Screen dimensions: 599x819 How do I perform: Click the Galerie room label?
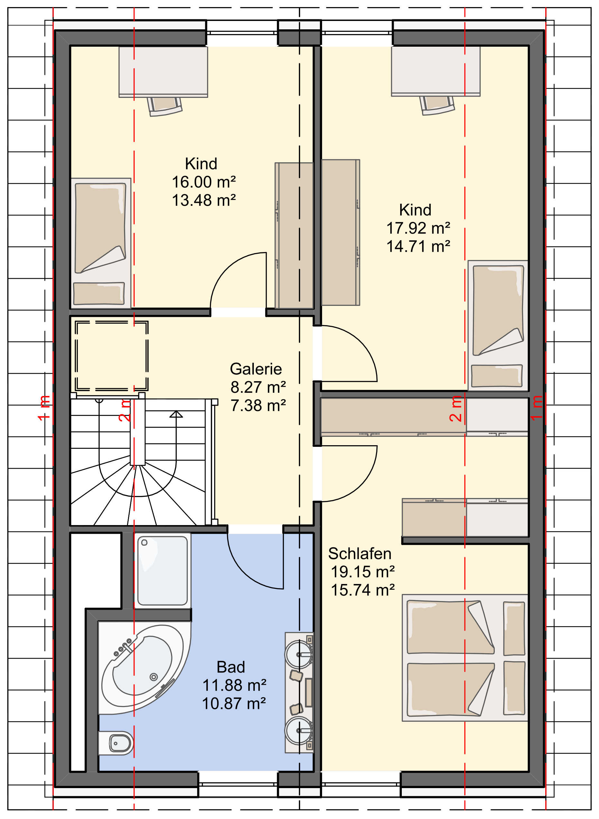[256, 369]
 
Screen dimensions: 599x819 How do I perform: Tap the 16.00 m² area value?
[204, 182]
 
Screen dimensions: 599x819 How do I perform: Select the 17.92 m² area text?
[418, 228]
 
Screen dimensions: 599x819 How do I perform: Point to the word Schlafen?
[360, 554]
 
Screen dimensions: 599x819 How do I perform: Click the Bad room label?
[231, 667]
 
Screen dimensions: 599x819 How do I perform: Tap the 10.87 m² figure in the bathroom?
[234, 704]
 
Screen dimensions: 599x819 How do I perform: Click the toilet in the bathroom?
[116, 743]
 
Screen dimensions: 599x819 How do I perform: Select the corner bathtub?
[144, 668]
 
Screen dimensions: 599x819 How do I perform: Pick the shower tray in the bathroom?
[162, 571]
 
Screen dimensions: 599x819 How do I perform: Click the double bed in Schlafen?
[465, 657]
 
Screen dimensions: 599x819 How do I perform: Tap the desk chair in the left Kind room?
[165, 106]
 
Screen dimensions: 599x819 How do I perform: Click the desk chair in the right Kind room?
[437, 105]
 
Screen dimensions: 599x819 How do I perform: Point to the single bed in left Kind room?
[100, 243]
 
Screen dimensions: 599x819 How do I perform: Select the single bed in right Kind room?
[498, 325]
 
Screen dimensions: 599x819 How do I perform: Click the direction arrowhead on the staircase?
[176, 414]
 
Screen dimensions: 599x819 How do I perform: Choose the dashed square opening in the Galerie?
[112, 356]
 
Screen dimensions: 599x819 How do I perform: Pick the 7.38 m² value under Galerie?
[258, 406]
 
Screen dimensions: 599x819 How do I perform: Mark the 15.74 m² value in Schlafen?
[363, 590]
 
